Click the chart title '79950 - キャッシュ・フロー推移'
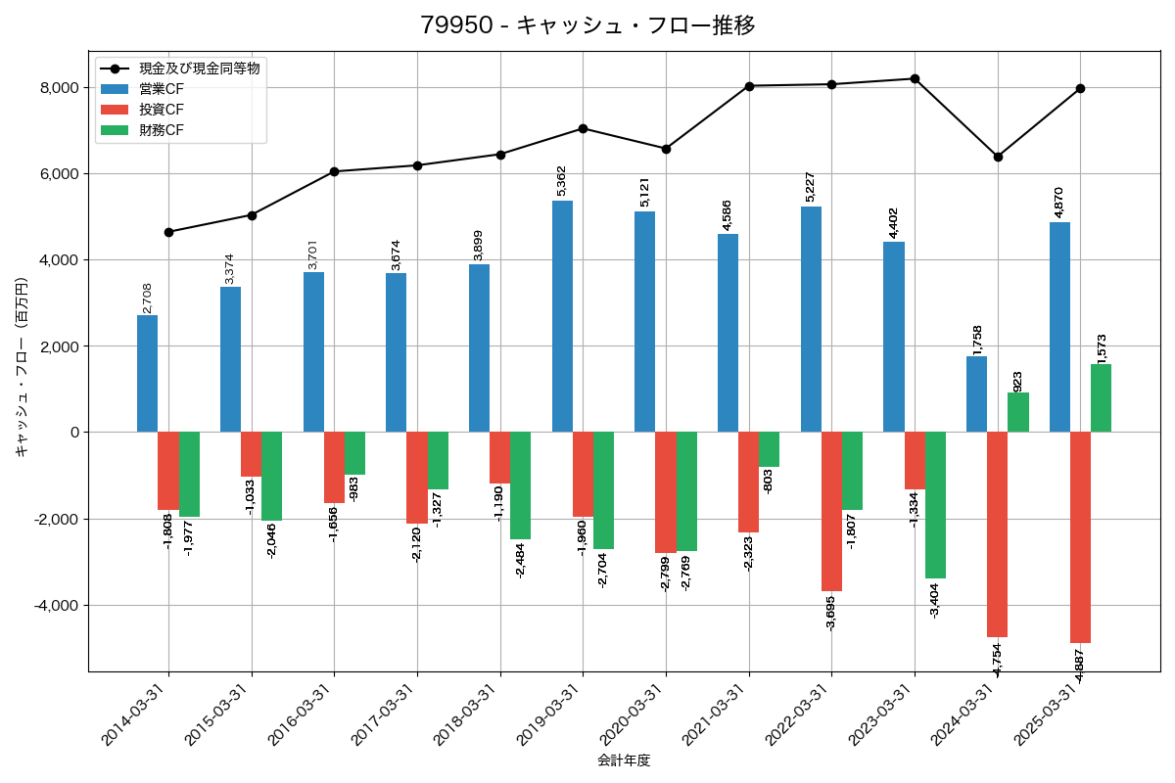coord(587,25)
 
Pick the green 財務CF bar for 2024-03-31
coord(1018,412)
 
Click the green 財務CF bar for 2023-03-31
coord(935,505)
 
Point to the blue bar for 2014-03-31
coord(148,373)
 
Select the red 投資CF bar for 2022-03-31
coord(831,511)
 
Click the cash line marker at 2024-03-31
coord(998,157)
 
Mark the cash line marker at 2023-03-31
coord(915,78)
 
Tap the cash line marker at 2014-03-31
coord(168,232)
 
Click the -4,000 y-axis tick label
coord(57,605)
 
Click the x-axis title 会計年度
coord(624,760)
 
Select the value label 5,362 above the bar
coord(562,183)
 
